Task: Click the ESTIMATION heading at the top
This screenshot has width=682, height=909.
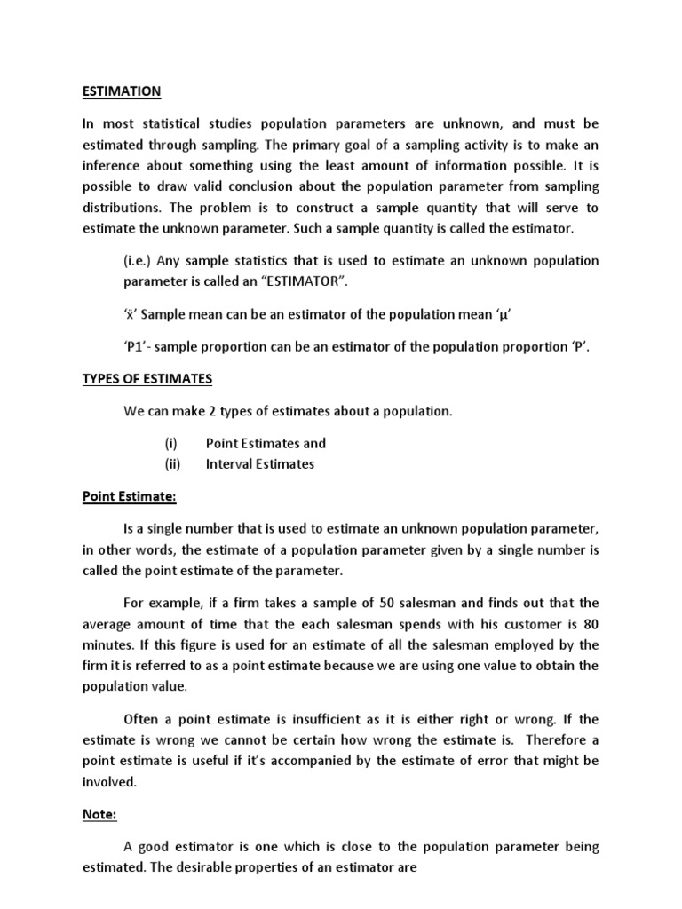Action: (x=122, y=91)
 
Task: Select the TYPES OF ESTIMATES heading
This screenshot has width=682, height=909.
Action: (x=147, y=378)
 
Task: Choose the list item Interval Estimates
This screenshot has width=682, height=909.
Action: (x=259, y=463)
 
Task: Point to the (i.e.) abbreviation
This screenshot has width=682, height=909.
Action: (x=138, y=261)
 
